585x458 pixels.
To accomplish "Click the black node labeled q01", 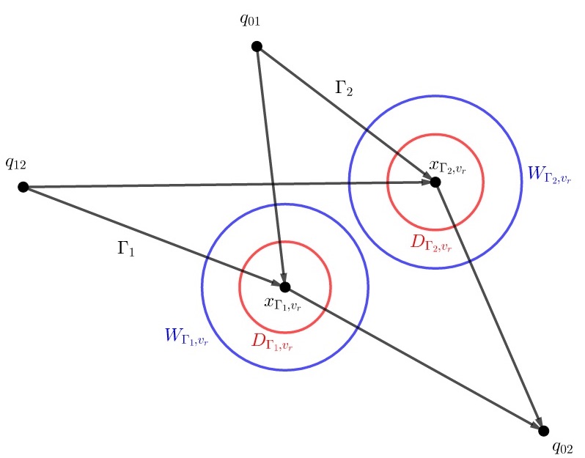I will (257, 46).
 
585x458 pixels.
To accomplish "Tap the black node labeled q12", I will (23, 187).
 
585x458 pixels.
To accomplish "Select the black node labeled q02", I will (543, 430).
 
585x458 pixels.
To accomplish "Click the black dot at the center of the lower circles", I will (285, 287).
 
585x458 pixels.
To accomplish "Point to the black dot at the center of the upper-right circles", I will (435, 182).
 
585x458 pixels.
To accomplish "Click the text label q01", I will (249, 20).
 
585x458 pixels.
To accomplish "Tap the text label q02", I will (562, 446).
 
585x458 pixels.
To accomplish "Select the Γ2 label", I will (343, 89).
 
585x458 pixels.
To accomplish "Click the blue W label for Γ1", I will (186, 337).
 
